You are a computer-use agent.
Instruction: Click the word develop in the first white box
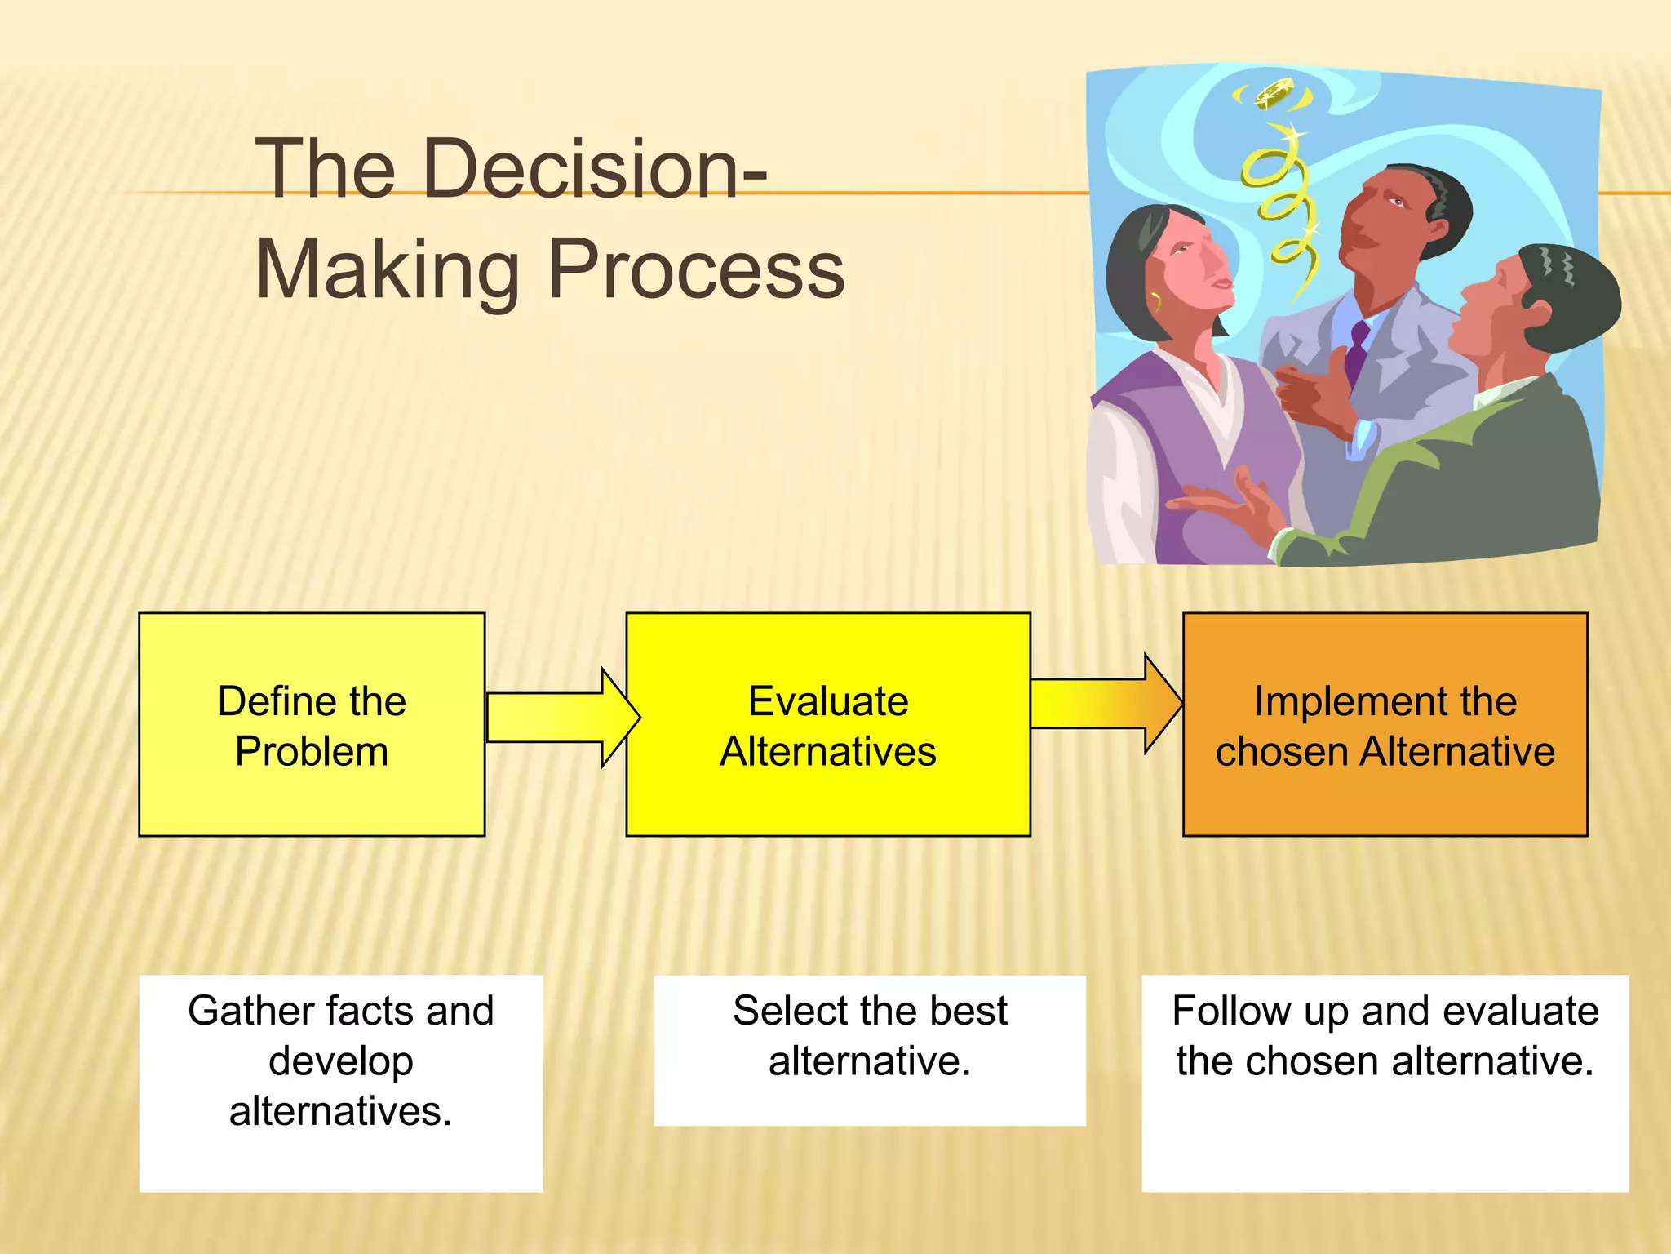pyautogui.click(x=341, y=1061)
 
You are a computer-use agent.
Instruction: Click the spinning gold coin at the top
pyautogui.click(x=1273, y=93)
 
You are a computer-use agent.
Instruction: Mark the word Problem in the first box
pyautogui.click(x=312, y=752)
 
